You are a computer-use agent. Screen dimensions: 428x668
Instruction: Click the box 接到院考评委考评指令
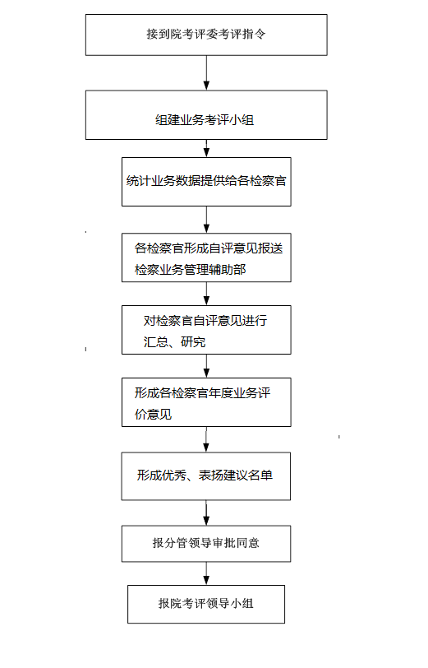pos(206,35)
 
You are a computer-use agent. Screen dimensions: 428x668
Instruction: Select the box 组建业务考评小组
pos(206,115)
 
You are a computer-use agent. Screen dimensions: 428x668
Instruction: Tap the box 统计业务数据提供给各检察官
pos(206,182)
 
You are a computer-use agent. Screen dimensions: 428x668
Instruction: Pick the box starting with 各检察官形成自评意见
pos(206,257)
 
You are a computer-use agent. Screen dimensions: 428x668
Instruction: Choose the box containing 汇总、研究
pos(206,330)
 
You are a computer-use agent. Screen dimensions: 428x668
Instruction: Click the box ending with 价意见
pos(206,402)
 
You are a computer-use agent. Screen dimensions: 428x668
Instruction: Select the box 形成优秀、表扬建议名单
pos(206,476)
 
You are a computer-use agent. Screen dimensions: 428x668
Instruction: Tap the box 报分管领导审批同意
pos(206,544)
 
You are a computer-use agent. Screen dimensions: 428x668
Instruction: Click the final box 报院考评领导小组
pos(206,604)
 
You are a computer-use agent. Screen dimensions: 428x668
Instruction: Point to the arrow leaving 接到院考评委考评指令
pos(206,73)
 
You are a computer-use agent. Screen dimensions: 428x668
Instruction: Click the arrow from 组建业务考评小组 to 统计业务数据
pos(206,148)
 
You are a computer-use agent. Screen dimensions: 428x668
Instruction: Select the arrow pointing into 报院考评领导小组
pos(206,573)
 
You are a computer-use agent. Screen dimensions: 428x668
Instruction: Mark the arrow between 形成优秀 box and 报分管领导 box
pos(206,513)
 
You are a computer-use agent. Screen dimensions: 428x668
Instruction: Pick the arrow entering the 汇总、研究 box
pos(206,294)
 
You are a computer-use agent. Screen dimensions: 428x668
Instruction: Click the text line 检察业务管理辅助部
pos(190,270)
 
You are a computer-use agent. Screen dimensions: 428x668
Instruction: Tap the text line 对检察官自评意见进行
pos(205,320)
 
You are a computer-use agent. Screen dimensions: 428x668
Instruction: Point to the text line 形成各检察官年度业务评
pos(203,392)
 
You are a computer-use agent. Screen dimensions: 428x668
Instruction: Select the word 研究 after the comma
pos(193,341)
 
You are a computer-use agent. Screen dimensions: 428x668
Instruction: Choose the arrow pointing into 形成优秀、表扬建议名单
pos(206,439)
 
